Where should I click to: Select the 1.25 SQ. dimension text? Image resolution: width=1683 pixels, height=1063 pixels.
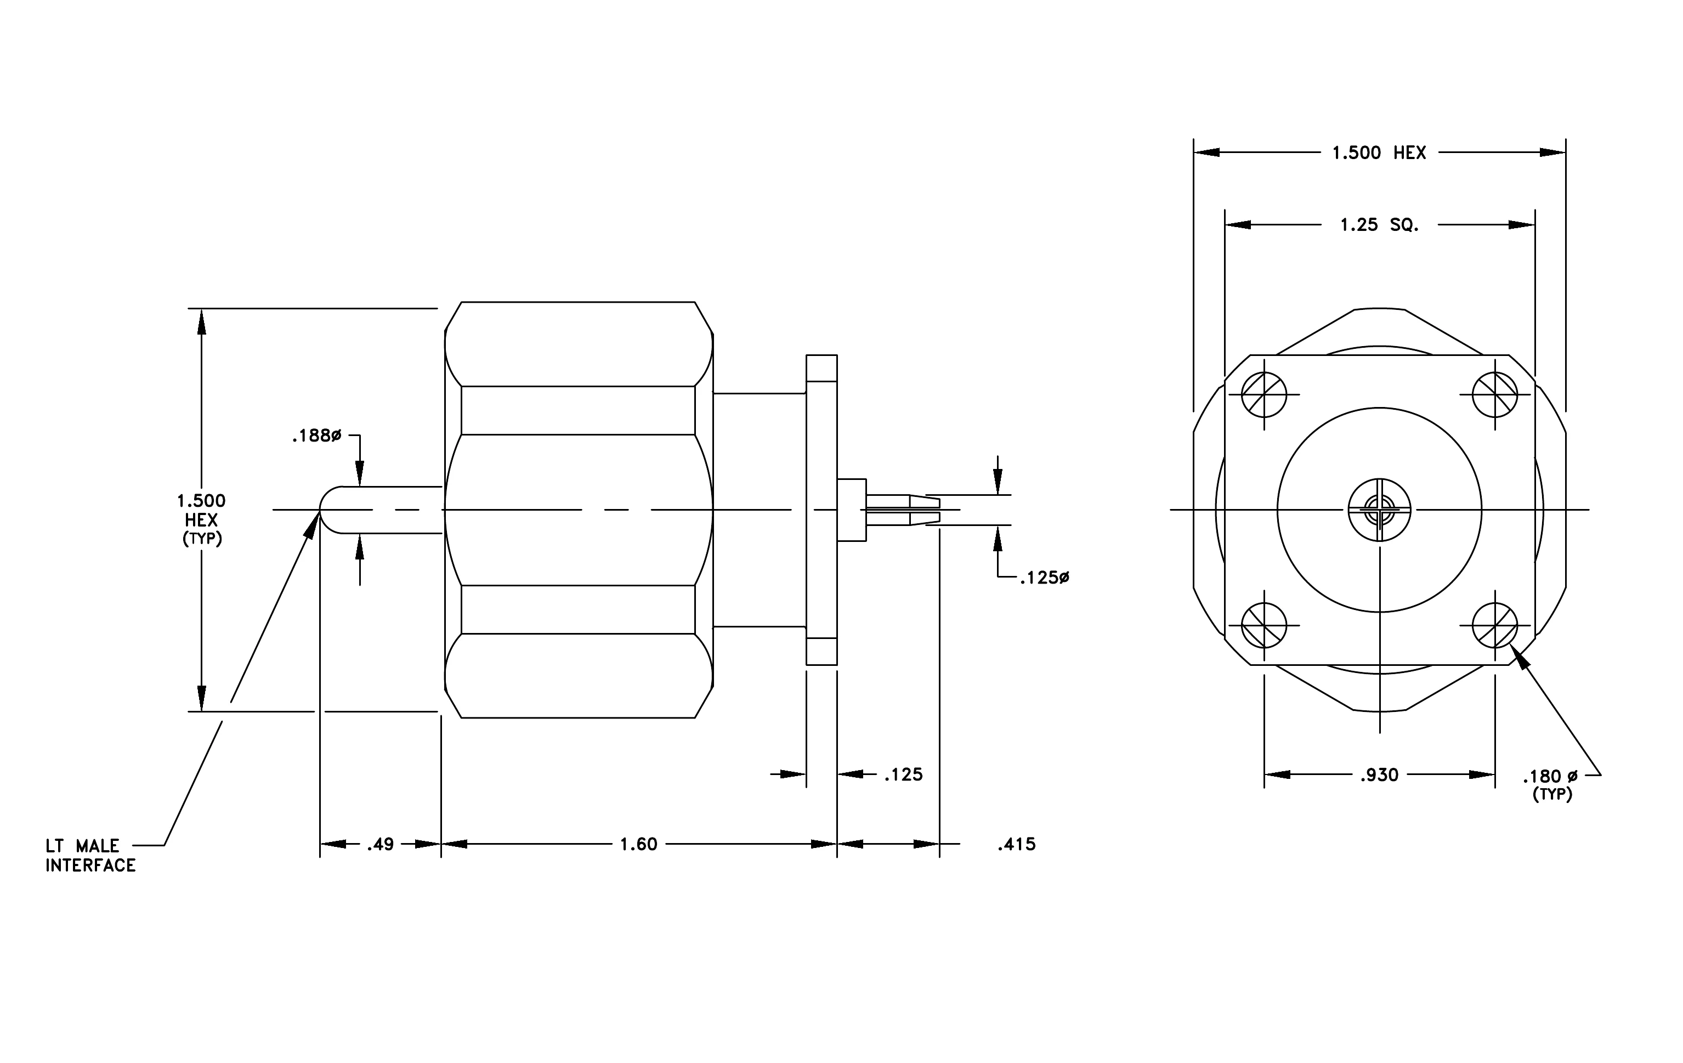(1379, 225)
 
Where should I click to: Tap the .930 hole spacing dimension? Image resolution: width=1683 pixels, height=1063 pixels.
(1379, 775)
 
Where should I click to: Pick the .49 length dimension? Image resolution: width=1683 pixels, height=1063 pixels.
(380, 844)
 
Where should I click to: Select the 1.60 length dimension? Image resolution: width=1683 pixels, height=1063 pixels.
(639, 844)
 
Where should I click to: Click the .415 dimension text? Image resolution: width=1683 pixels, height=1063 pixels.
(1016, 844)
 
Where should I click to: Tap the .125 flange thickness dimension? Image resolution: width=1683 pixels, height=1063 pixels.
(903, 774)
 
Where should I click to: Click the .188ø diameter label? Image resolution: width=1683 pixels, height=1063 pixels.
(316, 436)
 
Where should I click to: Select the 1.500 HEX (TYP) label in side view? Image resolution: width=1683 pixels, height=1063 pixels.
(201, 519)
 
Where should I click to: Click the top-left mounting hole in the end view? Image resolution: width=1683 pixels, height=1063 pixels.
(1263, 395)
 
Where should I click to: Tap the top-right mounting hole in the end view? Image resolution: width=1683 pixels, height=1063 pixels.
(1495, 395)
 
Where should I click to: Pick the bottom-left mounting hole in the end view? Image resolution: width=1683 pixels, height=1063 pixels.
(1263, 625)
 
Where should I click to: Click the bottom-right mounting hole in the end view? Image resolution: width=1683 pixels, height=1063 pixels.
(1495, 625)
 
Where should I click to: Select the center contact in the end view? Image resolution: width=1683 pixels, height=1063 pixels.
(1380, 510)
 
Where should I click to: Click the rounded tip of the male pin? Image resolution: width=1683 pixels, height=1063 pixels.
(321, 510)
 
